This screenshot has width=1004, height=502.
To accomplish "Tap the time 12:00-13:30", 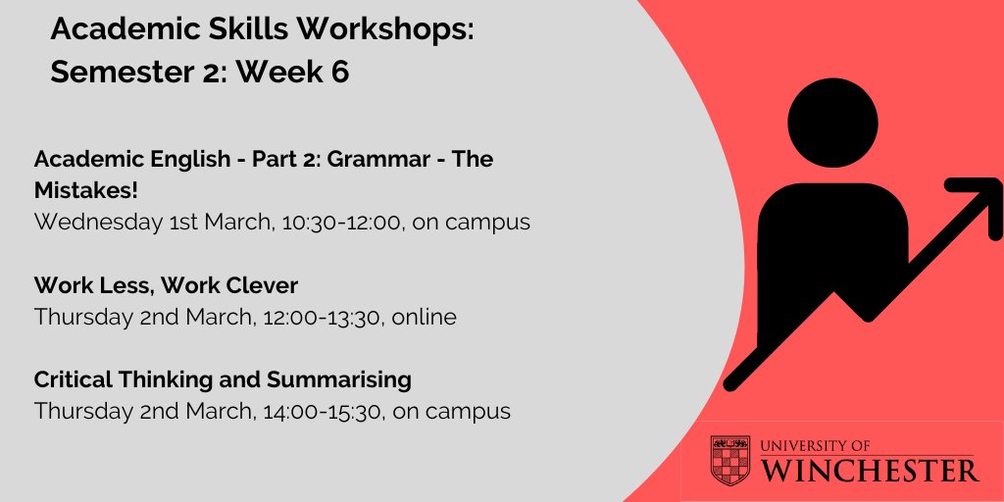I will coord(319,317).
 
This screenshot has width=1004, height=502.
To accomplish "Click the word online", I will coord(422,317).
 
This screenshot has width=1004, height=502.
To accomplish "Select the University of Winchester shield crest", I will coord(730,460).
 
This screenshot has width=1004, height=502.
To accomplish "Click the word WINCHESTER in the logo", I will coord(870,471).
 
